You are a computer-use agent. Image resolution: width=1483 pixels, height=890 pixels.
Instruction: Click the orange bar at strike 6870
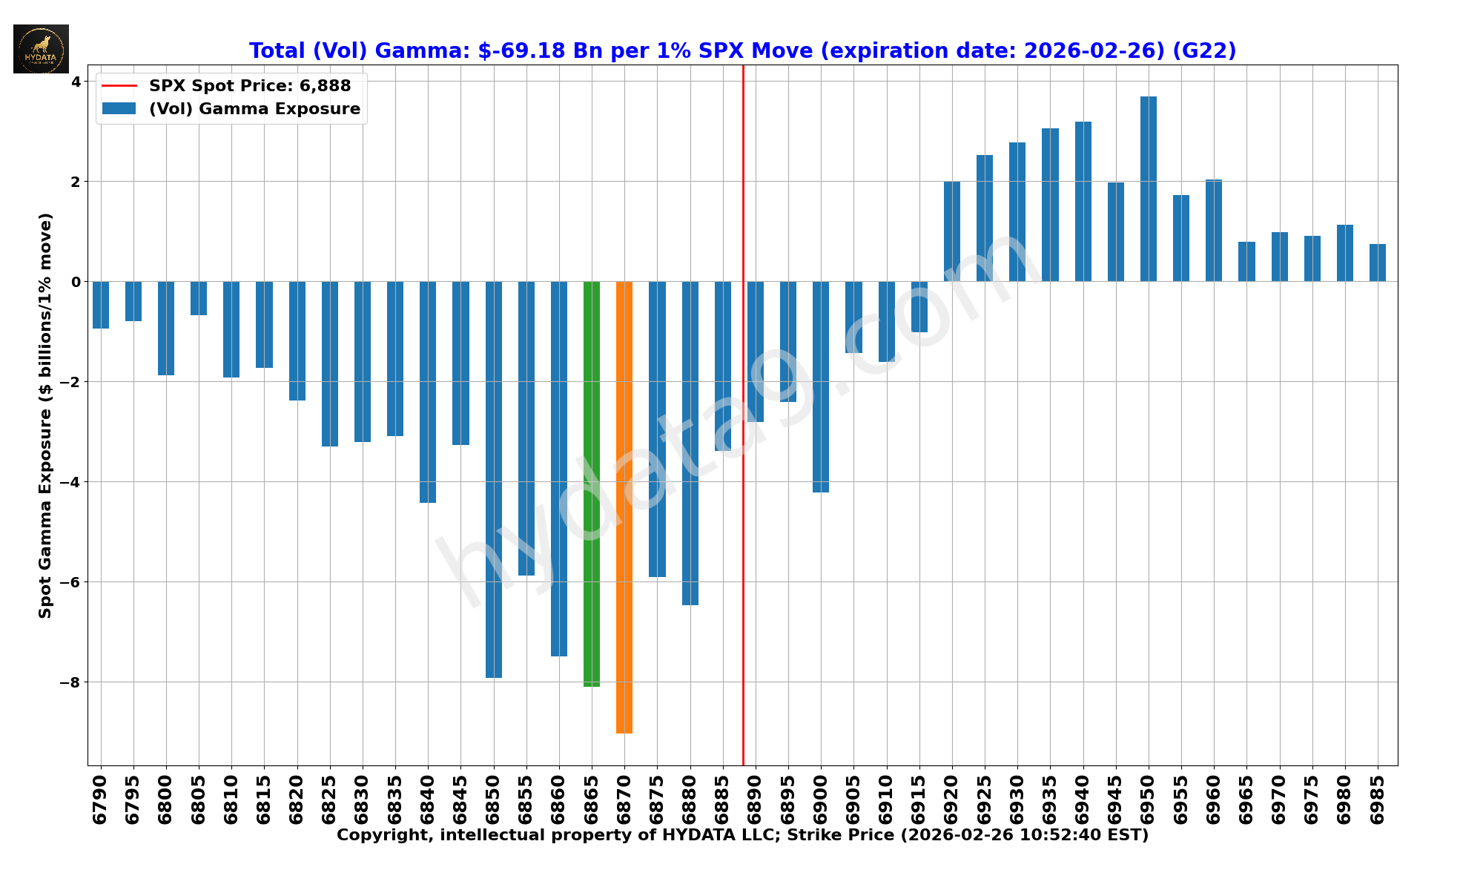point(624,507)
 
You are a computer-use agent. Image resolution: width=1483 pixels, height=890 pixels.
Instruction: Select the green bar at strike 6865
point(592,484)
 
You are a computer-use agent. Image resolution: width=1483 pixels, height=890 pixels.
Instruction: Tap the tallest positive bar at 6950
point(1149,189)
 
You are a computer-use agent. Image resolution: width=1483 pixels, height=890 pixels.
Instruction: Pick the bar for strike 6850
point(494,479)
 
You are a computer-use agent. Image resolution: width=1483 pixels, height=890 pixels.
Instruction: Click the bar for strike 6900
point(821,386)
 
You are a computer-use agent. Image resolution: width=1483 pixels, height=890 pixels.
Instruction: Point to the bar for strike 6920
point(952,231)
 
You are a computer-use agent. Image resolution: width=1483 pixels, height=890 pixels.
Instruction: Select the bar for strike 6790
point(101,305)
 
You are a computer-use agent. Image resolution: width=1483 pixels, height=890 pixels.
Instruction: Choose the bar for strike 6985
point(1378,263)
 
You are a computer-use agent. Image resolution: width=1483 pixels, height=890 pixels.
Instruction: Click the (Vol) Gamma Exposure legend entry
point(254,109)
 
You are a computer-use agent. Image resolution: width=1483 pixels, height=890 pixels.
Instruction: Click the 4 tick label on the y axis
point(76,82)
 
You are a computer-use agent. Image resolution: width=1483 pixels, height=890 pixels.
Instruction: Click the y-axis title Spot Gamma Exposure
point(46,415)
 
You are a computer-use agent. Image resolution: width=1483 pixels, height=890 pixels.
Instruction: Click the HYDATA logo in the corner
point(41,49)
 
